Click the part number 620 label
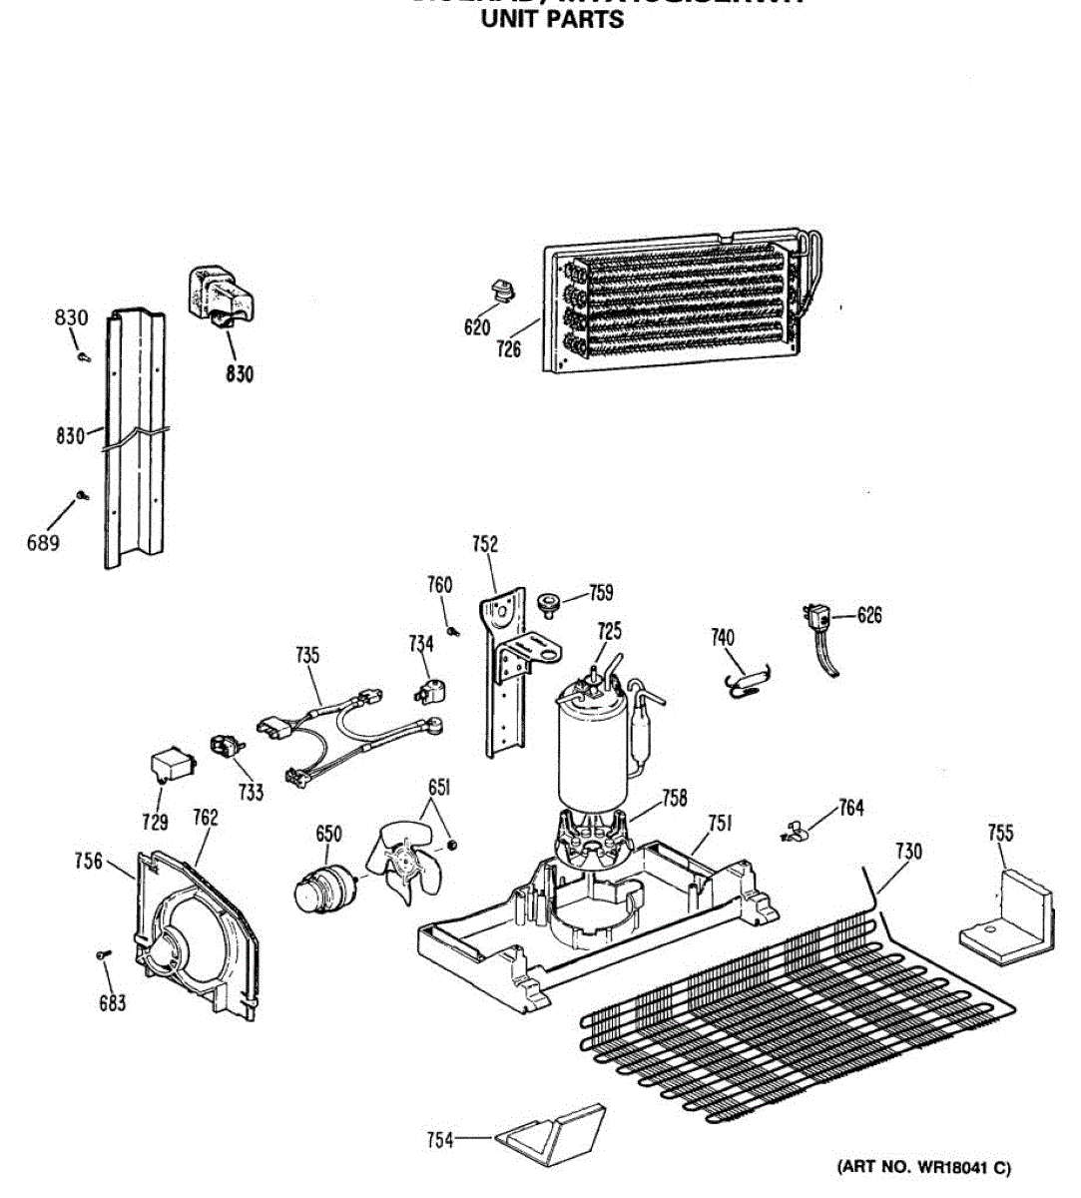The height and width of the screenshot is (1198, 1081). pyautogui.click(x=476, y=326)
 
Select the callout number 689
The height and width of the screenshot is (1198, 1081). pyautogui.click(x=43, y=543)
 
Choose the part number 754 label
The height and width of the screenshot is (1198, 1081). pyautogui.click(x=440, y=1140)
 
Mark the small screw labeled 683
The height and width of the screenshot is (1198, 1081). pyautogui.click(x=102, y=956)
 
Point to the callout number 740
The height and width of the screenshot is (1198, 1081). pyautogui.click(x=723, y=638)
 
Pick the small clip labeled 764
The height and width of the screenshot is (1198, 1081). pyautogui.click(x=795, y=828)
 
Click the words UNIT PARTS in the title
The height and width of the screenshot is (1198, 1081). pyautogui.click(x=552, y=19)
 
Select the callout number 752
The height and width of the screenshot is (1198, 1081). pyautogui.click(x=485, y=544)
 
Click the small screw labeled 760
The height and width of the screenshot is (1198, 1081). pyautogui.click(x=453, y=630)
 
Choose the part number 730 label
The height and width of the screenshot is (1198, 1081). pyautogui.click(x=908, y=852)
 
